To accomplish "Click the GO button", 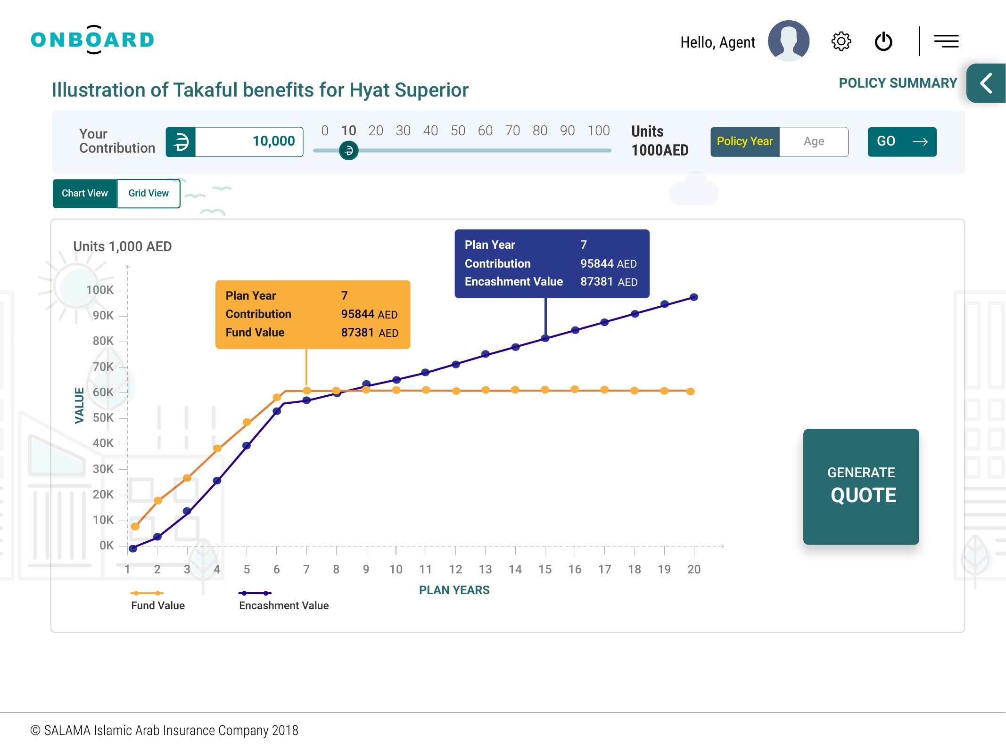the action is pos(902,141).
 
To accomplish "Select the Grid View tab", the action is pos(148,193).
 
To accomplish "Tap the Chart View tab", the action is pos(85,193).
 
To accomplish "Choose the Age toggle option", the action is pos(814,141).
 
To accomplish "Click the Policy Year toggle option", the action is pos(745,141).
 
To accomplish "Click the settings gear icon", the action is pos(841,41).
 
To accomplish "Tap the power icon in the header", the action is pos(883,41).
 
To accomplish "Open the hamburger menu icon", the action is pos(947,41).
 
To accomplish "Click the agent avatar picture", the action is pos(789,41).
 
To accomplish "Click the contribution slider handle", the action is pos(349,150).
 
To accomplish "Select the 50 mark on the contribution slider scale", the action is pos(458,131).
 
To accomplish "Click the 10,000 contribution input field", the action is pos(249,141).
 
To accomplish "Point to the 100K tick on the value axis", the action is pos(100,290).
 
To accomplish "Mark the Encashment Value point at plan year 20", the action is pos(694,297).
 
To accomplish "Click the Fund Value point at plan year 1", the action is pos(135,526).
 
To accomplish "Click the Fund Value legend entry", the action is pos(157,600).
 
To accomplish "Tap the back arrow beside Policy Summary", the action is pos(986,83).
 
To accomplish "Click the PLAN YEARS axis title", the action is pos(454,590).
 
